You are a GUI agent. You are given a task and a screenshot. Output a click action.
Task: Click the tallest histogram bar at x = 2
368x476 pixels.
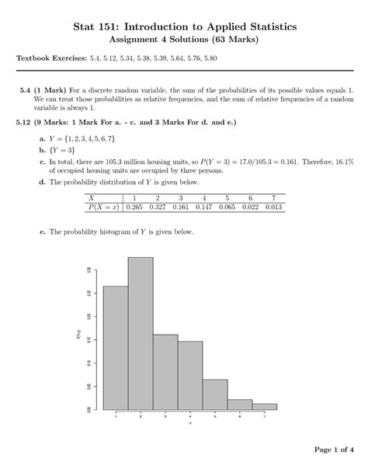pyautogui.click(x=141, y=334)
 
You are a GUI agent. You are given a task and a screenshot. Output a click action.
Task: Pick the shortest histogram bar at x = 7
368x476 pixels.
pyautogui.click(x=264, y=406)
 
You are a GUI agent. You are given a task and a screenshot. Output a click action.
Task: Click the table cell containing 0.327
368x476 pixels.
pyautogui.click(x=158, y=207)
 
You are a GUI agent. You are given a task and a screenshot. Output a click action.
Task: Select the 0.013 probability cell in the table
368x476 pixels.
pyautogui.click(x=273, y=207)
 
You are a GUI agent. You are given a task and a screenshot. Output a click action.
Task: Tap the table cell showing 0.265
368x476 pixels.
pyautogui.click(x=134, y=207)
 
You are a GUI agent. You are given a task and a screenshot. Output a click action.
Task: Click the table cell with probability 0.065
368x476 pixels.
pyautogui.click(x=227, y=207)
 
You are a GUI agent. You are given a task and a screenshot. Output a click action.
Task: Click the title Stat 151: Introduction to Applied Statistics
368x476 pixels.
pyautogui.click(x=184, y=27)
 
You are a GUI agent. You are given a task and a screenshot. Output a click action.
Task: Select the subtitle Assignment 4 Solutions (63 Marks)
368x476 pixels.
pyautogui.click(x=184, y=40)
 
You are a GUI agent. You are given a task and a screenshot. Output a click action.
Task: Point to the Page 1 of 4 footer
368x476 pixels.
pyautogui.click(x=333, y=450)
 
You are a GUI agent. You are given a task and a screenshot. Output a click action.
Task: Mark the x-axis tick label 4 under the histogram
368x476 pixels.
pyautogui.click(x=190, y=417)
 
